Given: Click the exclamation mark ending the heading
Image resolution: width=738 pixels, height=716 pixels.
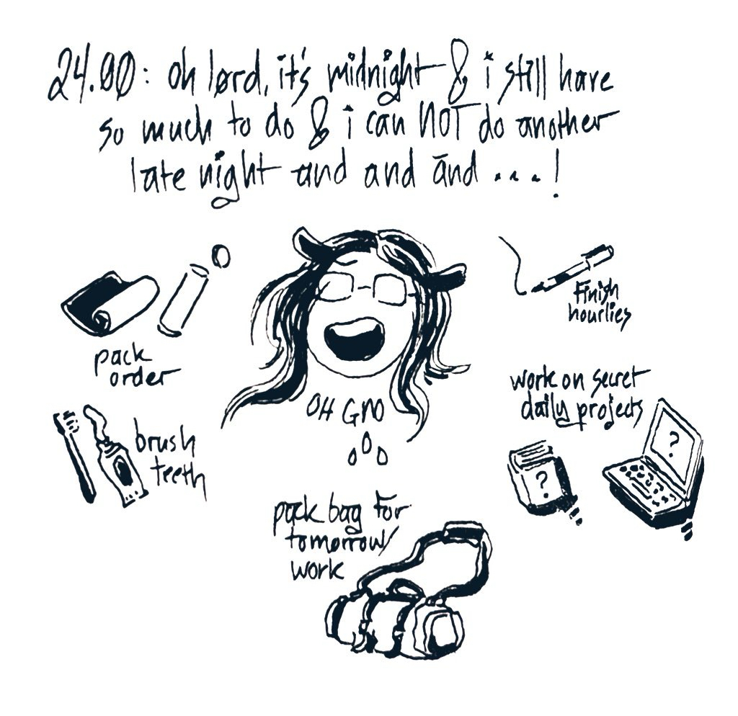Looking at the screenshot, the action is pyautogui.click(x=556, y=181).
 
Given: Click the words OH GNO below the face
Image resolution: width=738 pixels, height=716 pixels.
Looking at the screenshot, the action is pyautogui.click(x=346, y=411).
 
